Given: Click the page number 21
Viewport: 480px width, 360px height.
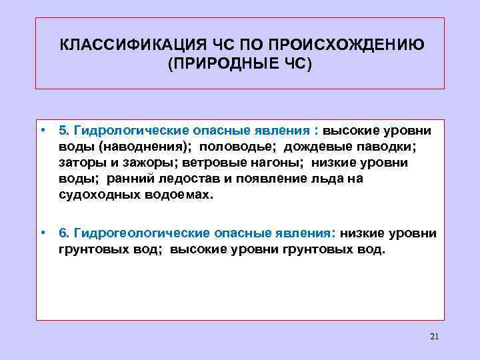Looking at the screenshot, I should [435, 336].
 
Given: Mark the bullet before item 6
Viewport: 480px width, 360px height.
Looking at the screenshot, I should [41, 233].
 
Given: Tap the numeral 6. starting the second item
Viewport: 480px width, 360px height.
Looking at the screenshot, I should [64, 233].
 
